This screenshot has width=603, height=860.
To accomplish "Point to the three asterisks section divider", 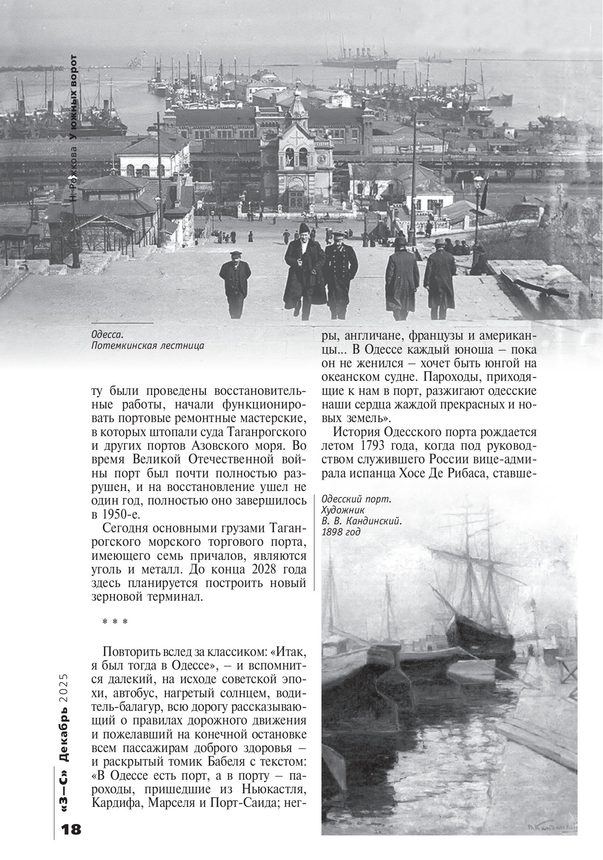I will tap(114, 623).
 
